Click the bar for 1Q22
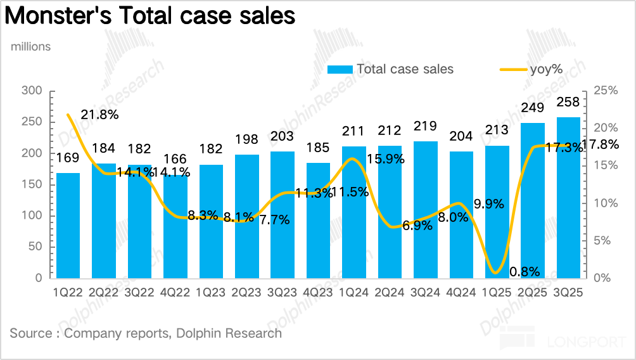(68, 225)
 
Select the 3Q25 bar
(568, 197)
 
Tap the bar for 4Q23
(318, 220)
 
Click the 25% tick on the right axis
(607, 91)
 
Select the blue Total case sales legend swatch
(340, 69)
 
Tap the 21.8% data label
(100, 115)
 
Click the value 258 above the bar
(568, 103)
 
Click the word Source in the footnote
(31, 333)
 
